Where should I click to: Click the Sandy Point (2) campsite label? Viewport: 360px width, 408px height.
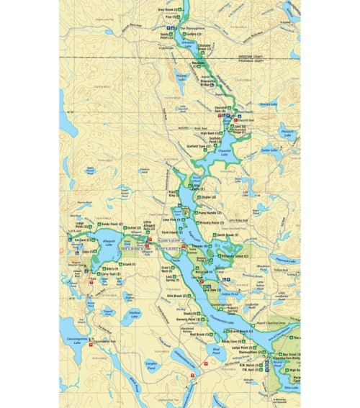coord(113,224)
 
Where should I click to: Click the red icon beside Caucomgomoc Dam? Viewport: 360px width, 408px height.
coord(91,345)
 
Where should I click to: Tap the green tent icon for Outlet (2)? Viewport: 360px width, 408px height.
coord(141,230)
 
